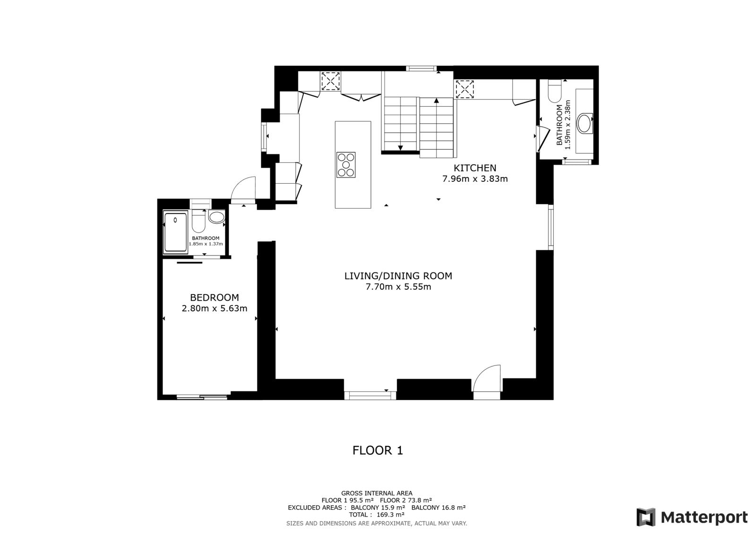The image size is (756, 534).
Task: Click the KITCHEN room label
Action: pos(475,168)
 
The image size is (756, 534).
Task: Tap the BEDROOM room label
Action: pos(215,297)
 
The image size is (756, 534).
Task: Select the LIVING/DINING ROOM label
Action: pos(398,276)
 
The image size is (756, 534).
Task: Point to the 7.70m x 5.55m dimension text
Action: pos(398,287)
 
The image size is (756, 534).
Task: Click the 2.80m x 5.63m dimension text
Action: pos(215,308)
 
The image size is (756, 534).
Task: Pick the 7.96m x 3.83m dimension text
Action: pos(475,179)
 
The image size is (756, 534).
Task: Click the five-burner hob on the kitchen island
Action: pos(346,165)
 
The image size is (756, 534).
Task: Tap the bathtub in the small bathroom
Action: pos(175,232)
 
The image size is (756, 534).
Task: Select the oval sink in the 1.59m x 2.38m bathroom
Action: pos(585,123)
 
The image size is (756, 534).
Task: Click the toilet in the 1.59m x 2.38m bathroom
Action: pos(555,91)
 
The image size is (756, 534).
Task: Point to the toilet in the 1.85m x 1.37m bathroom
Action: pos(198,221)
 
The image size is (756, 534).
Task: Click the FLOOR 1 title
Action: pos(378,450)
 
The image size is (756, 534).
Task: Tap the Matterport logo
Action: pos(692,517)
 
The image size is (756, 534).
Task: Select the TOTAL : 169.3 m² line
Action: pos(377,515)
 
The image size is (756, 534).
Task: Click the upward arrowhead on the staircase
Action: pos(437,101)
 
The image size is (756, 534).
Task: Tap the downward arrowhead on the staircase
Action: pos(400,148)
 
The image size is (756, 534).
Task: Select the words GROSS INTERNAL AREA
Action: pos(377,493)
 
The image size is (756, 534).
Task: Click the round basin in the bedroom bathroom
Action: pos(217,217)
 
